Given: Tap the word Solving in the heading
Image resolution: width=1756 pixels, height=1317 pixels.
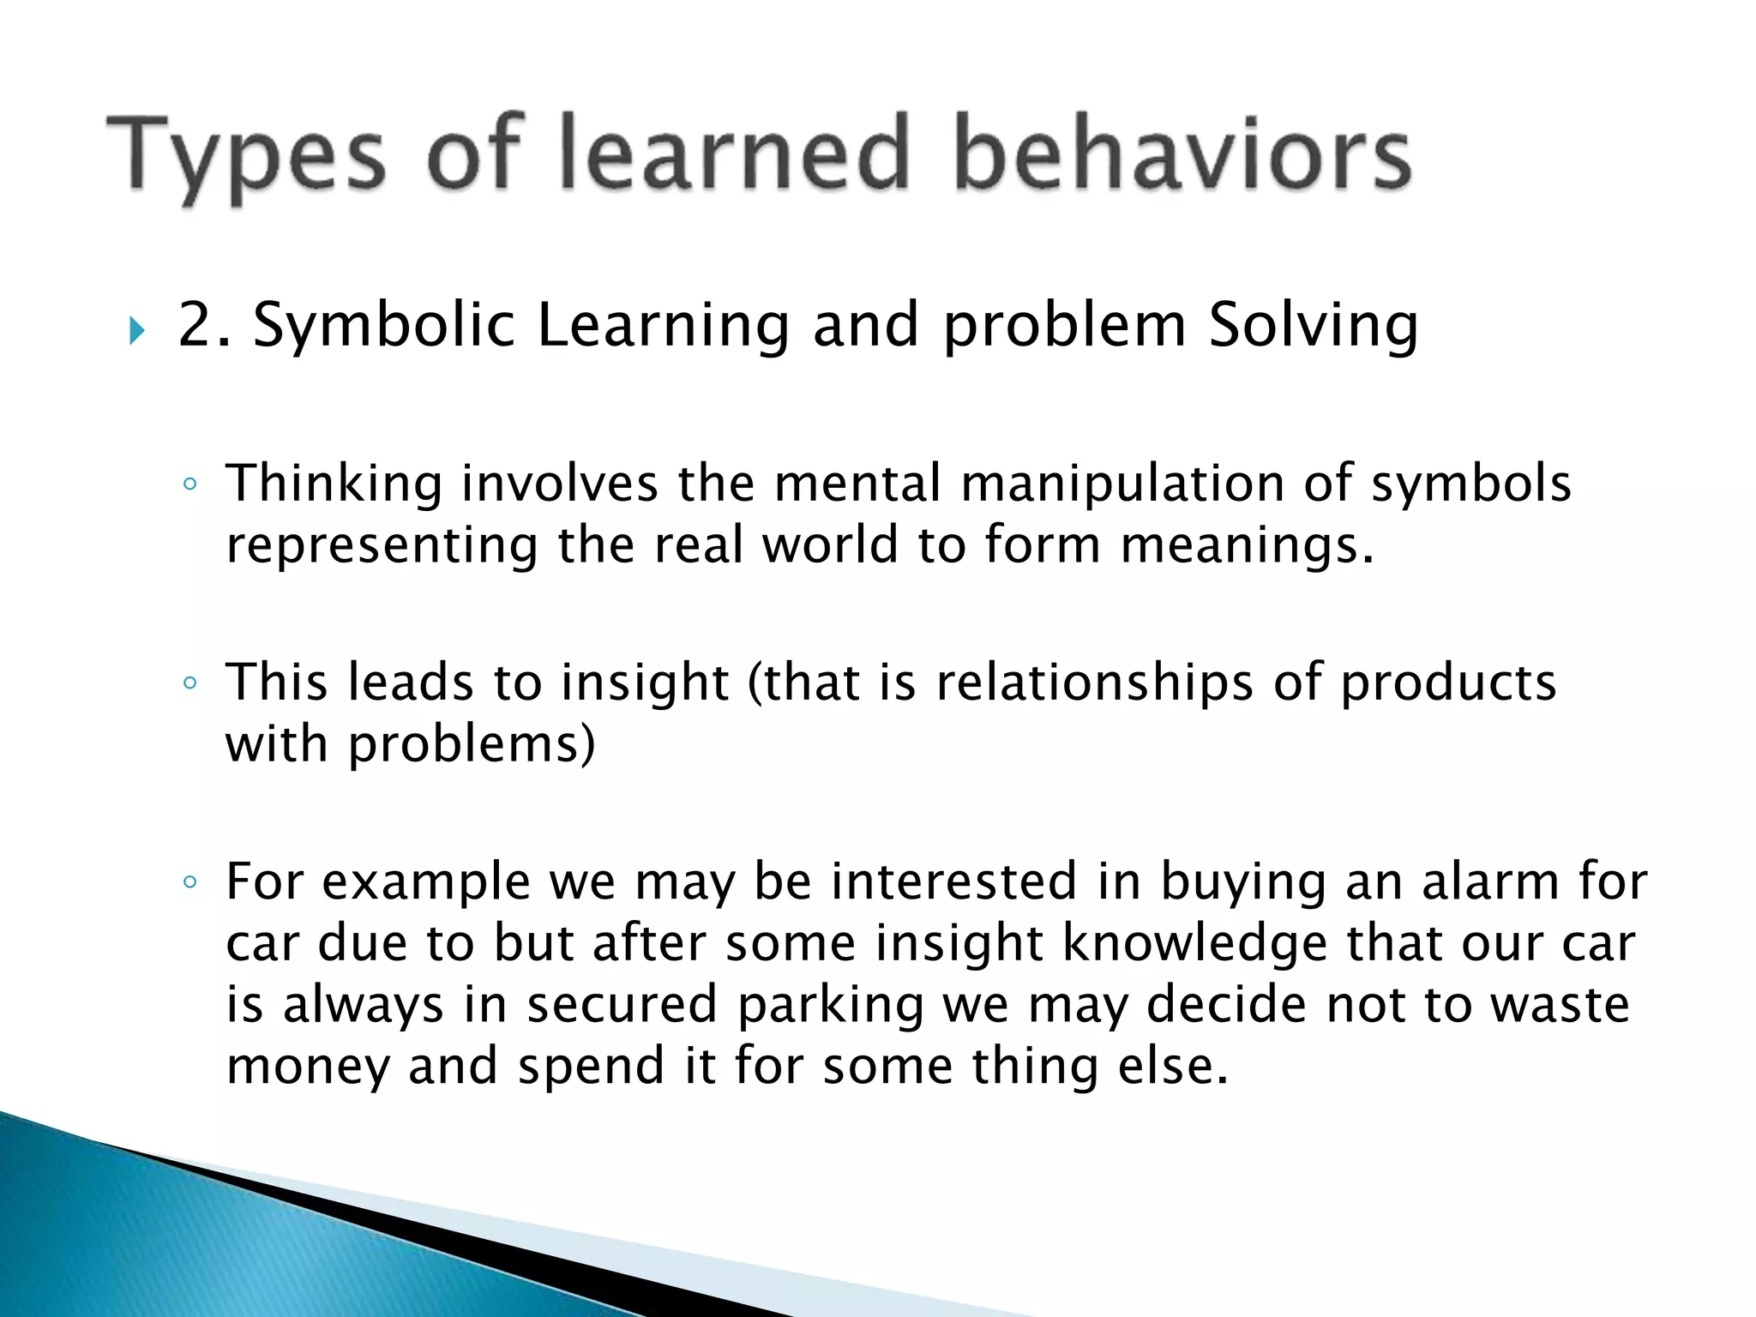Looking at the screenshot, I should pyautogui.click(x=1314, y=327).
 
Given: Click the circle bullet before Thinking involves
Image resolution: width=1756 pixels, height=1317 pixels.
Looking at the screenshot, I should pyautogui.click(x=190, y=484).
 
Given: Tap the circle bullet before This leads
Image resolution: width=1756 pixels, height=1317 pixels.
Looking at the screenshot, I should pyautogui.click(x=190, y=683).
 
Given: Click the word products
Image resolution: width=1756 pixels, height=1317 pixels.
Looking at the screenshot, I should pyautogui.click(x=1448, y=683).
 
